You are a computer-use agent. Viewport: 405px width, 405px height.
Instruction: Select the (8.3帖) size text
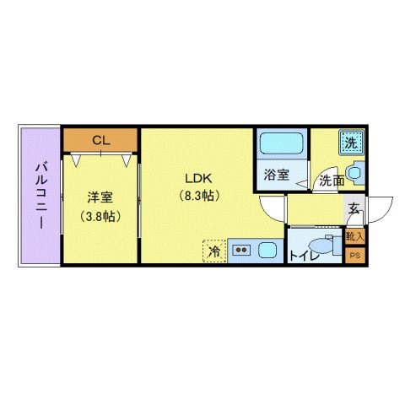[199, 196]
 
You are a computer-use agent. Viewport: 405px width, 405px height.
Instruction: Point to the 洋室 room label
[100, 198]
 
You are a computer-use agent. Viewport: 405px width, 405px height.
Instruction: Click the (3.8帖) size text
[100, 216]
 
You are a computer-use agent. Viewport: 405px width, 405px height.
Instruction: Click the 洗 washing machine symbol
[350, 142]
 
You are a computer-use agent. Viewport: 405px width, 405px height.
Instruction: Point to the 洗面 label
[331, 181]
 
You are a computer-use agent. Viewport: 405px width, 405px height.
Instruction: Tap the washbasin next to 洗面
[354, 173]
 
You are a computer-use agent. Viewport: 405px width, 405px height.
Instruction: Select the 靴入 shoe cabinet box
[355, 237]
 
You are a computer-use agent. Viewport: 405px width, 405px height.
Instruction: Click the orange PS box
[355, 255]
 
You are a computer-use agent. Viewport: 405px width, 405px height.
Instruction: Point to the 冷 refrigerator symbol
[214, 251]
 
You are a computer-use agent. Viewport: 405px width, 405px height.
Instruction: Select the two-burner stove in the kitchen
[241, 251]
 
